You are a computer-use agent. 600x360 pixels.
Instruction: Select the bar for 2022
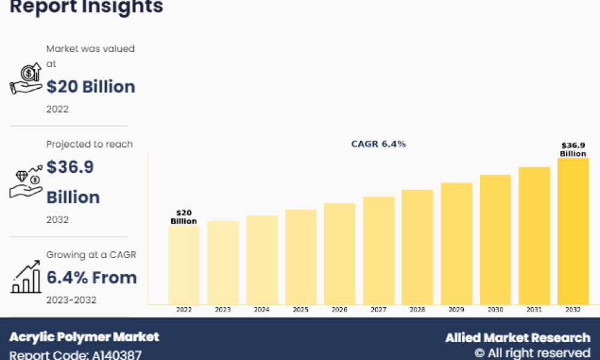click(x=184, y=265)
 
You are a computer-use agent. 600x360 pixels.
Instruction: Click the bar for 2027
click(x=379, y=250)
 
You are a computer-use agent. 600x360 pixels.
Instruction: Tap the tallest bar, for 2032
click(x=573, y=231)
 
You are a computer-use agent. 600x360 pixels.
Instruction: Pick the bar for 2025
click(x=301, y=257)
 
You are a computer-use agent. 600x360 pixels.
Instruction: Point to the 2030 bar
click(x=495, y=239)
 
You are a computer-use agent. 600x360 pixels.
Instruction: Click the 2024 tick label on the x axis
click(x=262, y=310)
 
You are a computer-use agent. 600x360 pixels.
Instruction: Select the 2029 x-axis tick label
click(x=456, y=310)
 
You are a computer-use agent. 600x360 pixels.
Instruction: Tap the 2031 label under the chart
click(x=534, y=310)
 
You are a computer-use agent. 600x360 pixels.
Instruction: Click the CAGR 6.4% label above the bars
click(x=379, y=144)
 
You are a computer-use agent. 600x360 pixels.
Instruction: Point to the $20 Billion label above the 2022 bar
click(x=184, y=217)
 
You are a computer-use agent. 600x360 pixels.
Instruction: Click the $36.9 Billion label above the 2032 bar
click(x=573, y=149)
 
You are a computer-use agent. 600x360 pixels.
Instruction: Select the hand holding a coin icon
click(x=26, y=79)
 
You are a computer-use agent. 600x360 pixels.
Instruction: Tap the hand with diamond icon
click(x=26, y=181)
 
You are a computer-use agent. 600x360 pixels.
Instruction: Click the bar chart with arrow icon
click(x=26, y=277)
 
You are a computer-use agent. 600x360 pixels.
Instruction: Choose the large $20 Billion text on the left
click(x=91, y=87)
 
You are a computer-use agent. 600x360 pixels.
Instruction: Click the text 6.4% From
click(x=91, y=278)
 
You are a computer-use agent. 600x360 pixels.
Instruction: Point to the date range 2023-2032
click(x=71, y=300)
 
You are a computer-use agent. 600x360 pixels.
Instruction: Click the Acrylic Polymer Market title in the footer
click(x=84, y=337)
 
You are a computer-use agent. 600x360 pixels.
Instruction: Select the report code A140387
click(x=117, y=355)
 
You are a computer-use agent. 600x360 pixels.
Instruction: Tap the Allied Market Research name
click(x=518, y=338)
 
